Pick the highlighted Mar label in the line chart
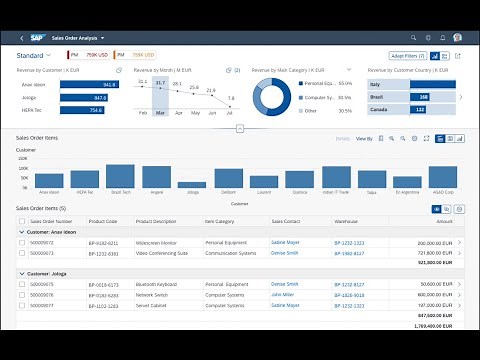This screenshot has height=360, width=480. pyautogui.click(x=160, y=113)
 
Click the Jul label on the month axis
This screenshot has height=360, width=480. pyautogui.click(x=231, y=113)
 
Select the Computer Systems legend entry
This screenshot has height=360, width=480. pyautogui.click(x=319, y=96)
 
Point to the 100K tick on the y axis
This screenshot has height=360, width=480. pyautogui.click(x=25, y=168)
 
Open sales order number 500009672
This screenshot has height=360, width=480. pyautogui.click(x=44, y=242)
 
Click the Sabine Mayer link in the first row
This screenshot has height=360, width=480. pyautogui.click(x=285, y=242)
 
